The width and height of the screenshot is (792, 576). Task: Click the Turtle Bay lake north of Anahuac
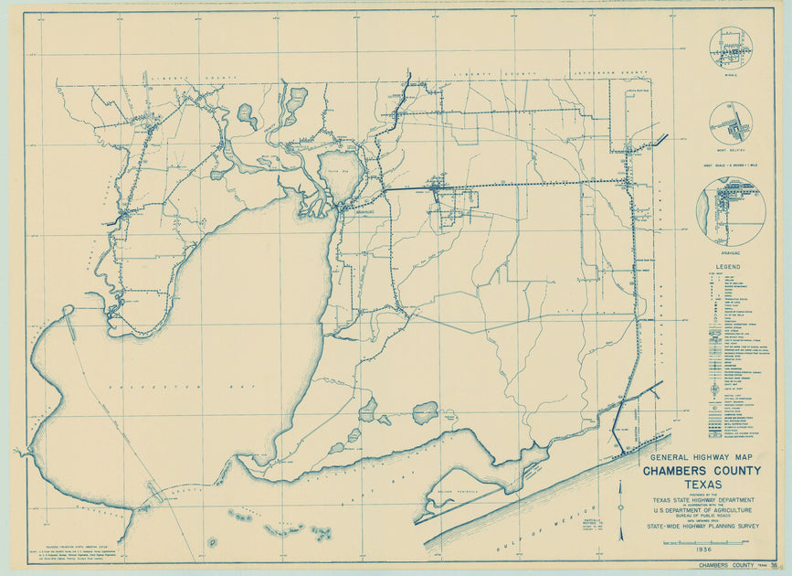click(338, 176)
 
